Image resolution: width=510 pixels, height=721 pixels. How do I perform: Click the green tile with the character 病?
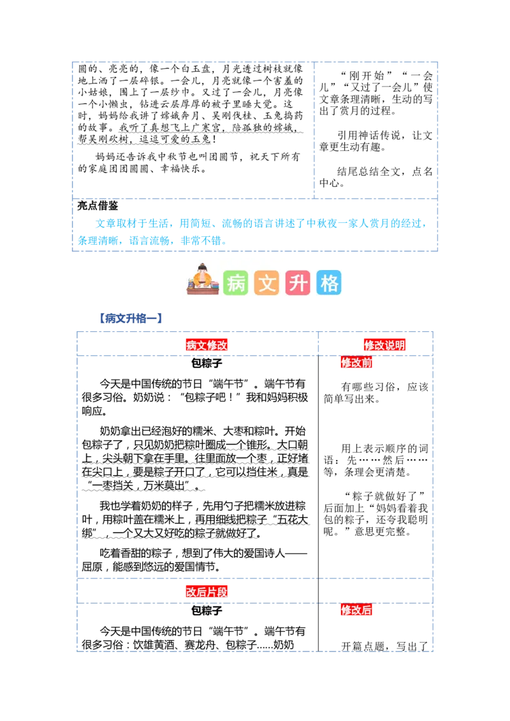coord(236,283)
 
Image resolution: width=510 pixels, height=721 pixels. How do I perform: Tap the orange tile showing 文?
coord(267,283)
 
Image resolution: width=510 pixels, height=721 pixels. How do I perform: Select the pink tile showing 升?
coord(298,283)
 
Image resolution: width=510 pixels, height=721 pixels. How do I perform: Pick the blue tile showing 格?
coord(329,283)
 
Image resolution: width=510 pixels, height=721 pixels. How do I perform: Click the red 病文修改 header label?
coord(207,345)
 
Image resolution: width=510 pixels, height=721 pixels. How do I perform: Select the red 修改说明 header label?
coord(384,345)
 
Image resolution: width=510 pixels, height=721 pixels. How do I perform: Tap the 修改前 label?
coord(356,363)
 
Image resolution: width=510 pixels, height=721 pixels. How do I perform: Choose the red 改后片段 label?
coord(207,592)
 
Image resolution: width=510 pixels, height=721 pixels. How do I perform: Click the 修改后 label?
coord(356,610)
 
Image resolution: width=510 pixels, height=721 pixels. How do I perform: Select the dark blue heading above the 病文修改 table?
coord(130,318)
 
